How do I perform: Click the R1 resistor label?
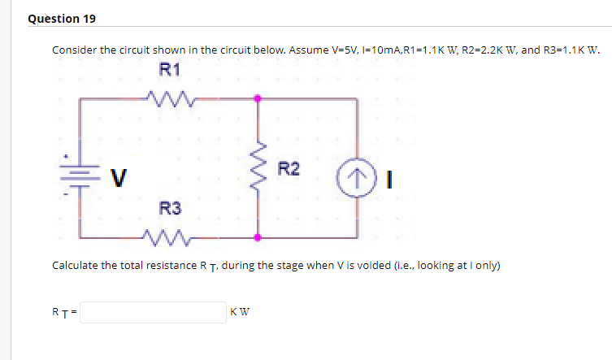170,70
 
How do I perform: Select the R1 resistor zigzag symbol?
170,99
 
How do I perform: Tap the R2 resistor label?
289,169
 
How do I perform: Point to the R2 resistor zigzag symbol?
259,168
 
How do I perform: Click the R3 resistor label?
170,209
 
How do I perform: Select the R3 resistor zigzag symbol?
170,237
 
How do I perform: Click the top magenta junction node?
259,99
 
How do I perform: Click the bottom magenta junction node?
259,237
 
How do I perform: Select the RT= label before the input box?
64,313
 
